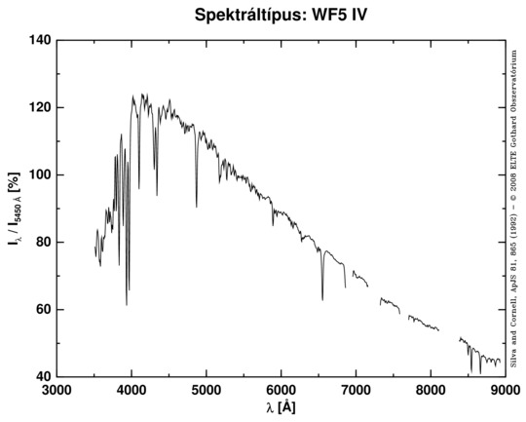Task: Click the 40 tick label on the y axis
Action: [x=42, y=377]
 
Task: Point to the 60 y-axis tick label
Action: [x=42, y=310]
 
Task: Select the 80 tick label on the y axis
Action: [x=42, y=243]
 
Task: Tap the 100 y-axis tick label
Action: [x=39, y=175]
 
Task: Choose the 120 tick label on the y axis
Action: [x=39, y=108]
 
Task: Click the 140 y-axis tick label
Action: [x=39, y=41]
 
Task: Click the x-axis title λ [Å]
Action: [x=281, y=408]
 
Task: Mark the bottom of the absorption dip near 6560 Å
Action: [x=322, y=299]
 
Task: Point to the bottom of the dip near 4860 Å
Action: [x=196, y=207]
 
